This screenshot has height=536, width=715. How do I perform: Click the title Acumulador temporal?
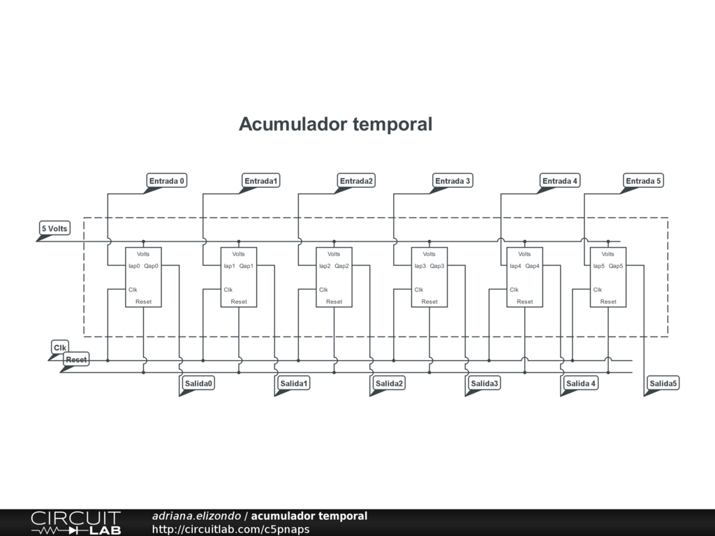point(335,124)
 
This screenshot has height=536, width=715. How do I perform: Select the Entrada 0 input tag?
point(167,181)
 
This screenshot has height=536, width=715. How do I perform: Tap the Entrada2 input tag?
point(357,181)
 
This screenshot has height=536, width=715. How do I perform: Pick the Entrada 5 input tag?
point(643,181)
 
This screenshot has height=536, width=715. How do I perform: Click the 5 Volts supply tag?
point(54,228)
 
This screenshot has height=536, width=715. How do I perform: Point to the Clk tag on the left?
point(60,348)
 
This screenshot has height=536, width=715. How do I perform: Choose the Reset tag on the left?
point(76,359)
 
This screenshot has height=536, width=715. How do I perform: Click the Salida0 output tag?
point(198,383)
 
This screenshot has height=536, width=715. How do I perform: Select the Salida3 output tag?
point(485,383)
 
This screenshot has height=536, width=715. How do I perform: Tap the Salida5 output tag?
point(663,383)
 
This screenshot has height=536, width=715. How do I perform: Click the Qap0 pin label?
point(152,266)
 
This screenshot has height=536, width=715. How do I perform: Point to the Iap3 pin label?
point(420,266)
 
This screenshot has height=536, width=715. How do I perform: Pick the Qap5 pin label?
point(616,266)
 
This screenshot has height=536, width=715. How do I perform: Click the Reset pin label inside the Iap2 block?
point(334,301)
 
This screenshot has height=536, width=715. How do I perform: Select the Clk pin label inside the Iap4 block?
point(514,290)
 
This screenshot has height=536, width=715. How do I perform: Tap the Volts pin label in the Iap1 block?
point(239,254)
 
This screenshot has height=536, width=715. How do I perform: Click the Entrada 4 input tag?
point(560,181)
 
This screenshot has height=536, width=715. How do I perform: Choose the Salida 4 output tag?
point(581,383)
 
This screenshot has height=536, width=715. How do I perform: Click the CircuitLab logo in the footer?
point(75,523)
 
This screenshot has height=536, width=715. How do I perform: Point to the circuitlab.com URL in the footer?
point(230,529)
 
